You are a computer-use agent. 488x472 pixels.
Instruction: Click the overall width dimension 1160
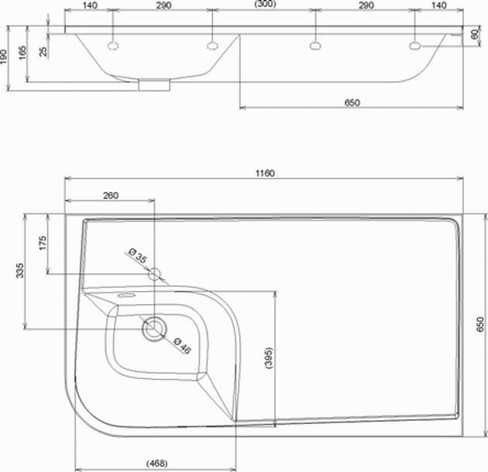pos(265,173)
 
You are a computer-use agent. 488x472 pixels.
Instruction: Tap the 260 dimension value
pos(111,196)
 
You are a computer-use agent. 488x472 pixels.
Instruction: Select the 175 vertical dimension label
pos(43,243)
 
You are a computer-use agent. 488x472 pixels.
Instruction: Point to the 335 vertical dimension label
pos(19,270)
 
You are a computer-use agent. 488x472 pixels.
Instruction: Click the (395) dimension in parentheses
pos(270,358)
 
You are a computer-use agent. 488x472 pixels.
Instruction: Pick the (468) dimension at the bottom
pos(157,463)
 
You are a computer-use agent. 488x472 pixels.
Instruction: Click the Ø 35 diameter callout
pos(138,255)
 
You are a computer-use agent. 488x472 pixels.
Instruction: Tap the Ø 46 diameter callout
pos(182,345)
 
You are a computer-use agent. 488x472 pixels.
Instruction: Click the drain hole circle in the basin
pos(154,329)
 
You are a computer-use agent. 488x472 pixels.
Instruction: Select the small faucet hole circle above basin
pos(154,274)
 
